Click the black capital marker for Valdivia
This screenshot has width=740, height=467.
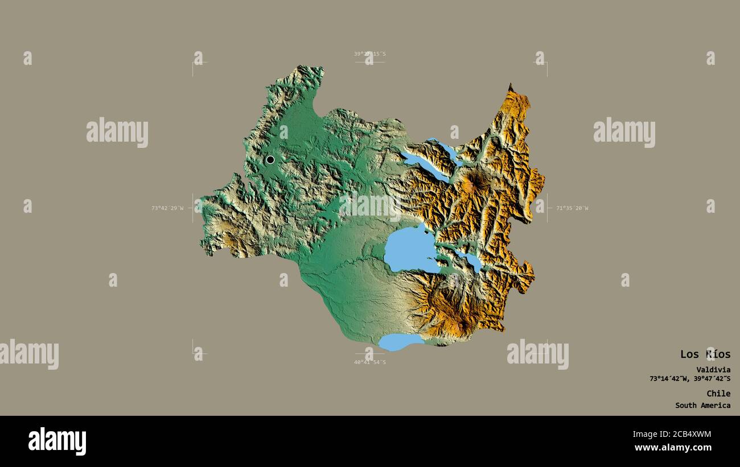[270, 160]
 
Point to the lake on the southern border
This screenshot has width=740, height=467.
[400, 341]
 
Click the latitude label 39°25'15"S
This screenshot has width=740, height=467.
[369, 54]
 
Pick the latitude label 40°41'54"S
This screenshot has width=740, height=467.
[369, 362]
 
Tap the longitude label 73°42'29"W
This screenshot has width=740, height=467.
[167, 208]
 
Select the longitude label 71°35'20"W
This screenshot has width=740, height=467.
[572, 208]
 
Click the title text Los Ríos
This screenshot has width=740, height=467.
[705, 354]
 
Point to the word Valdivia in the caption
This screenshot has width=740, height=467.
[713, 370]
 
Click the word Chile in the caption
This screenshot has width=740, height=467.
[718, 394]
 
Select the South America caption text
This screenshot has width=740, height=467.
[702, 406]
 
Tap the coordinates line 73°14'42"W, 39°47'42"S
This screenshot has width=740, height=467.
[690, 379]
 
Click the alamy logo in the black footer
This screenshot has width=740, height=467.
[57, 441]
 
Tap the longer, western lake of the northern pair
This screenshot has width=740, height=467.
[425, 166]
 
